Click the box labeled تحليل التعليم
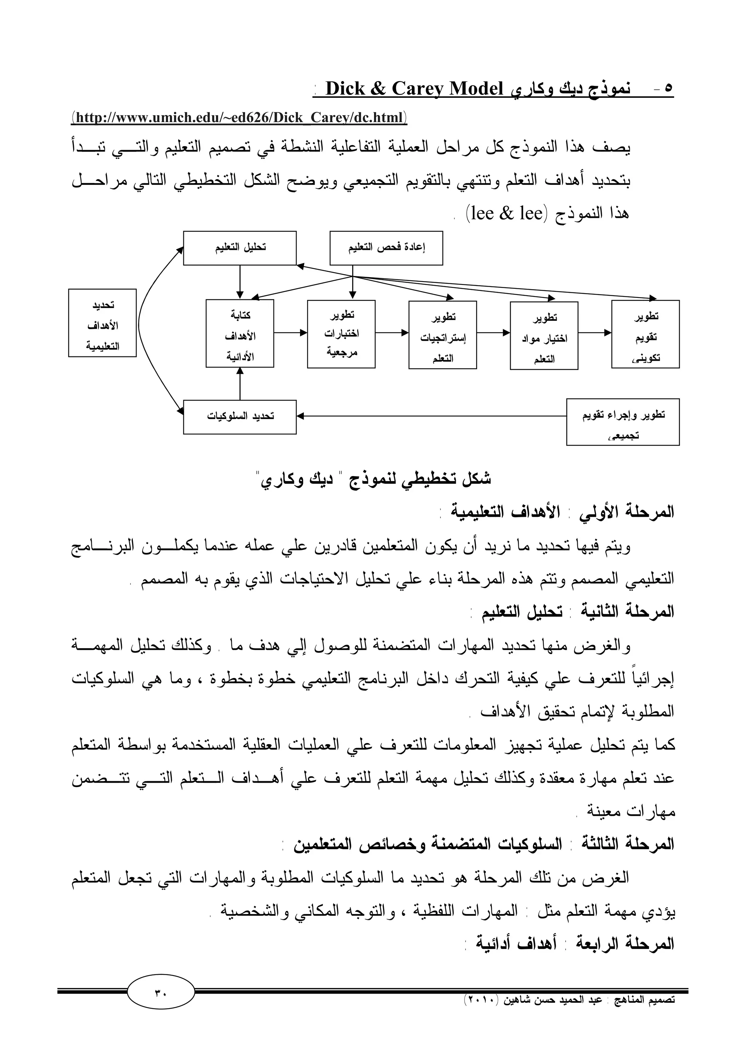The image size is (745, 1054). (240, 248)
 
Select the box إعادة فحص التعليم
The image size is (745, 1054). (386, 248)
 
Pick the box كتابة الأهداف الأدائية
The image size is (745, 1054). (240, 334)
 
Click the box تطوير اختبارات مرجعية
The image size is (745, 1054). (341, 334)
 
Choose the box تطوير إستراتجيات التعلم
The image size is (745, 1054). (442, 335)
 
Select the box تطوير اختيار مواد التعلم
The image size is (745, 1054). (544, 336)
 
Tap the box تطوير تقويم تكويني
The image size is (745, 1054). (645, 334)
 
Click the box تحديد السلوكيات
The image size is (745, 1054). (240, 417)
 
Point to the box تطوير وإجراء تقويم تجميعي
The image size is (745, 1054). (623, 422)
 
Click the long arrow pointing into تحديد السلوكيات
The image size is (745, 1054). (431, 416)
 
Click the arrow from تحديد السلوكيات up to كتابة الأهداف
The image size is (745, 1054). (240, 384)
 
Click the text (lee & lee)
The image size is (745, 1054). (505, 214)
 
